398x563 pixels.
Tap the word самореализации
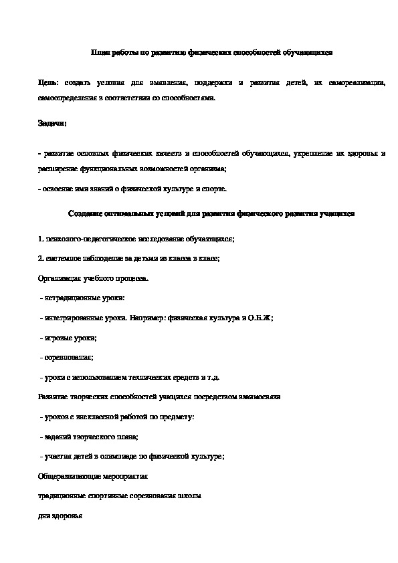point(358,82)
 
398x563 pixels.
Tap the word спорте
point(214,189)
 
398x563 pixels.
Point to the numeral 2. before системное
point(41,258)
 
